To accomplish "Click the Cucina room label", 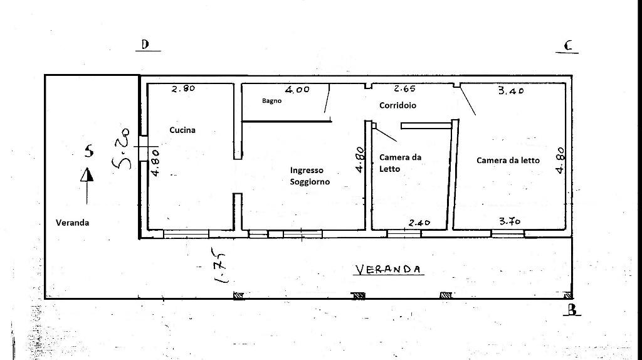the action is (x=182, y=130).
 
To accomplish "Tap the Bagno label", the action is (x=272, y=101).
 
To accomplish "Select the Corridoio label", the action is (x=397, y=105).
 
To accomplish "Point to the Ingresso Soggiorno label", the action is (x=310, y=176).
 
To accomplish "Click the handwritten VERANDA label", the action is (x=387, y=269).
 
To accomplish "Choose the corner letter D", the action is (x=145, y=45).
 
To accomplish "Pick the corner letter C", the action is (x=568, y=45).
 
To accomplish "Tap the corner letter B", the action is (x=572, y=310).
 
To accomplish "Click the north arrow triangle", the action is (x=87, y=175).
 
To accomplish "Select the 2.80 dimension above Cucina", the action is (x=183, y=88).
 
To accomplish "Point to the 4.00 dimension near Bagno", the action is (x=297, y=89).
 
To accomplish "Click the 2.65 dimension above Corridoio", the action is (x=404, y=88).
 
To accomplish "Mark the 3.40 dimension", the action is (x=510, y=90).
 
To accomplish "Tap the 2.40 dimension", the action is (x=419, y=223).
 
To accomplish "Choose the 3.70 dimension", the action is (x=510, y=221).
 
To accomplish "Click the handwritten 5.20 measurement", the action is (x=121, y=148).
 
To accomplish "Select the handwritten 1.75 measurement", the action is (x=219, y=265).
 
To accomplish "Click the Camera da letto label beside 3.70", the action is (x=508, y=161).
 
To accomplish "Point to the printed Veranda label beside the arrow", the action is (x=73, y=223).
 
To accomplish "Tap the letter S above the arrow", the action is (x=89, y=151).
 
